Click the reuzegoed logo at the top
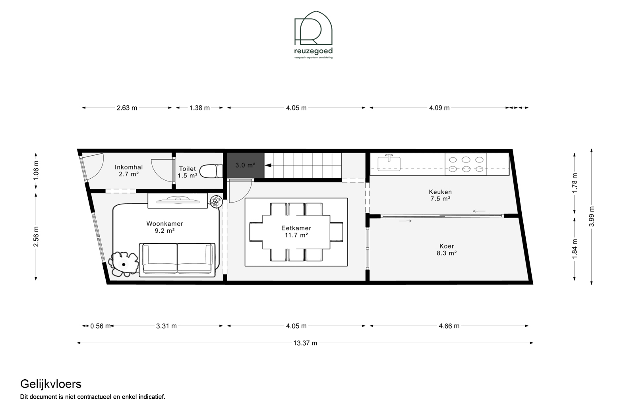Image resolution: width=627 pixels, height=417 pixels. point(313,35)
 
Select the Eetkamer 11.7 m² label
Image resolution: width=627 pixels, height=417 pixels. point(296,232)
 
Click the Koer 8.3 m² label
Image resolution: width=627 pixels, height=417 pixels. point(447,249)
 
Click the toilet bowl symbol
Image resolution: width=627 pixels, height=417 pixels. point(212,171)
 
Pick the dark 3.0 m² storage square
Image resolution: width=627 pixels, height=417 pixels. point(245,165)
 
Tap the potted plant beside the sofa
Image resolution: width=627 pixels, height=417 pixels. point(124,264)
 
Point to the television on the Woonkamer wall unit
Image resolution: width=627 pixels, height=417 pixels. point(178,199)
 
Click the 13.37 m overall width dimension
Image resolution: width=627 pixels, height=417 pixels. point(305,343)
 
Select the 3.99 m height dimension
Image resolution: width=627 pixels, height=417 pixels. point(592,216)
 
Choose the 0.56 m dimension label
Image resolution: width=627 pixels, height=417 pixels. point(100,326)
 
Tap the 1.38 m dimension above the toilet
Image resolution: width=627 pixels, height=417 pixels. point(199,108)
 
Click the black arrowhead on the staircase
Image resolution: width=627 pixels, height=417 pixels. point(268,165)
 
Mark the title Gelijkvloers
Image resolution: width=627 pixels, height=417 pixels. point(51,384)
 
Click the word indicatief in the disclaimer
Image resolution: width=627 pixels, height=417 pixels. point(152,397)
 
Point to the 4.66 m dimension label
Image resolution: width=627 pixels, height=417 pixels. point(449,326)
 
